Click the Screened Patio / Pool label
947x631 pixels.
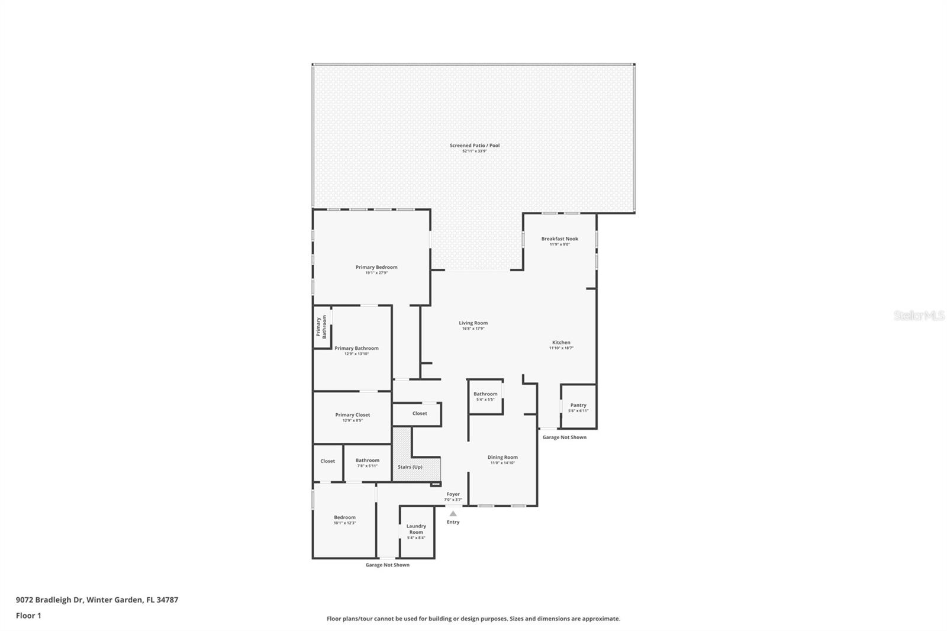[x=474, y=146]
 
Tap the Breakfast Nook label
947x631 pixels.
[x=559, y=239]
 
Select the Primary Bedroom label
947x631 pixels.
[x=376, y=268]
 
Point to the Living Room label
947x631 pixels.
[x=473, y=323]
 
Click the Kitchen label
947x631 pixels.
[x=561, y=343]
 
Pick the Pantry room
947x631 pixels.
[x=578, y=406]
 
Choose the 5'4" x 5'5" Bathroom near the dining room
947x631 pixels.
[x=485, y=395]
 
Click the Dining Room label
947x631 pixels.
[x=503, y=458]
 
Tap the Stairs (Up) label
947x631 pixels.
[x=410, y=467]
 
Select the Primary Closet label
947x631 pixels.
[x=352, y=415]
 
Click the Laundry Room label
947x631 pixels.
[x=416, y=529]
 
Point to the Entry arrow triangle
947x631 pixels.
[x=453, y=514]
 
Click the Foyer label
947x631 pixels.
[x=453, y=494]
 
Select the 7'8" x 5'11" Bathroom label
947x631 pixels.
[x=367, y=461]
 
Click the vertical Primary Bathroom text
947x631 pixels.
[x=321, y=326]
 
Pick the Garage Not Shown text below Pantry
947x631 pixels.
[x=564, y=437]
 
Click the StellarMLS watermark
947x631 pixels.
[x=919, y=316]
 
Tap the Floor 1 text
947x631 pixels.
[x=28, y=616]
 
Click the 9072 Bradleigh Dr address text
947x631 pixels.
[x=96, y=600]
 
